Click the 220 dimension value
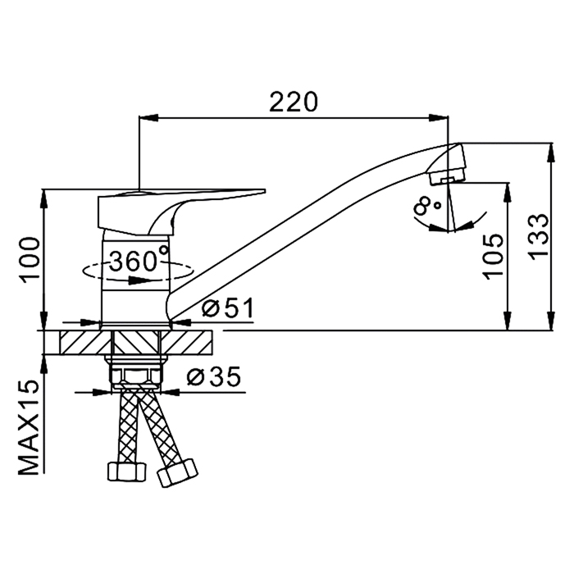(294, 102)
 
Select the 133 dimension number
(540, 237)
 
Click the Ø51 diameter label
(228, 307)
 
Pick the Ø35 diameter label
(214, 376)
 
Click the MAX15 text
(29, 427)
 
